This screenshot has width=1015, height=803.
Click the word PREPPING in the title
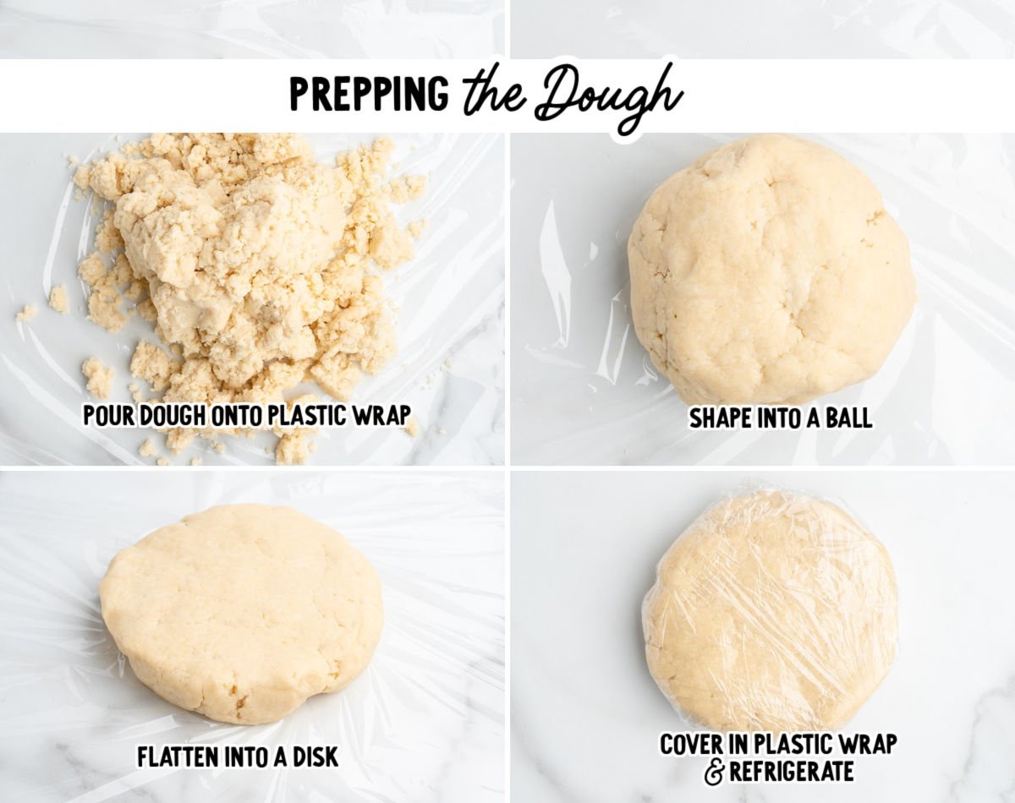[369, 95]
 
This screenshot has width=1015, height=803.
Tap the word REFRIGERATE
[792, 772]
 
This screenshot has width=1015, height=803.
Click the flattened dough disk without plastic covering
[240, 613]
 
